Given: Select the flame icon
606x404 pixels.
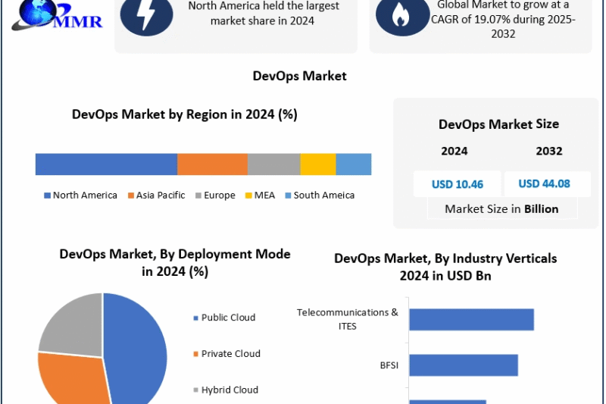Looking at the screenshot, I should [x=402, y=16].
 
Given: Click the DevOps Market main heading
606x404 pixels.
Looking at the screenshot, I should [x=299, y=76].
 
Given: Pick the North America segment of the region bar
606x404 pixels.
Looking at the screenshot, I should [x=106, y=164].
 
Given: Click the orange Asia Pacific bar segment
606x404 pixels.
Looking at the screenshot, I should [x=212, y=164].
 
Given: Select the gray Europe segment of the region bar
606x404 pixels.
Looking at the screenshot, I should [x=273, y=164].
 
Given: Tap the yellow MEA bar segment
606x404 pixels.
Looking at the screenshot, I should [x=317, y=164].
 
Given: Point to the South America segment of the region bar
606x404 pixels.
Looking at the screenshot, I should [x=353, y=164].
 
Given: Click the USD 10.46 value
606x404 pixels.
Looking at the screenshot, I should [x=457, y=184].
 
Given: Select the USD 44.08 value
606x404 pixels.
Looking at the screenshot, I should [x=544, y=183].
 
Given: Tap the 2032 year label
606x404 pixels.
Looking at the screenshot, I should [x=548, y=151].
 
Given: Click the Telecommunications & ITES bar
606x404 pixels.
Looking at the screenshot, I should [x=471, y=320].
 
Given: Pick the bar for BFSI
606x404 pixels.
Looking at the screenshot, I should [x=463, y=365].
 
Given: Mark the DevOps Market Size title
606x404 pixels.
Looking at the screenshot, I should [x=498, y=124].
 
